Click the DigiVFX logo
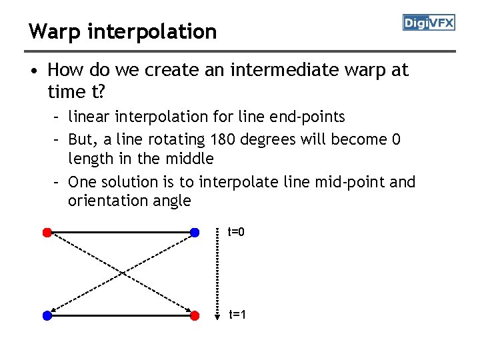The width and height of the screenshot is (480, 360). pos(429,23)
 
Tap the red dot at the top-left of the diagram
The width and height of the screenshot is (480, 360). pos(47,232)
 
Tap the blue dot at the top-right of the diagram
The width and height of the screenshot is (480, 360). pos(194,232)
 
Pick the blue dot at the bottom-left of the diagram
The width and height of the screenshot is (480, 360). pos(47,316)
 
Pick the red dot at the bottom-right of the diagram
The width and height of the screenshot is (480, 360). pos(194,316)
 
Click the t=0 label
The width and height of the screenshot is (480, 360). pos(236,232)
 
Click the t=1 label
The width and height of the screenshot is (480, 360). pos(237,314)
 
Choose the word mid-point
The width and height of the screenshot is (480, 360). pos(353,182)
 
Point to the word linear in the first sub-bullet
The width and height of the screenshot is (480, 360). pos(89,117)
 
